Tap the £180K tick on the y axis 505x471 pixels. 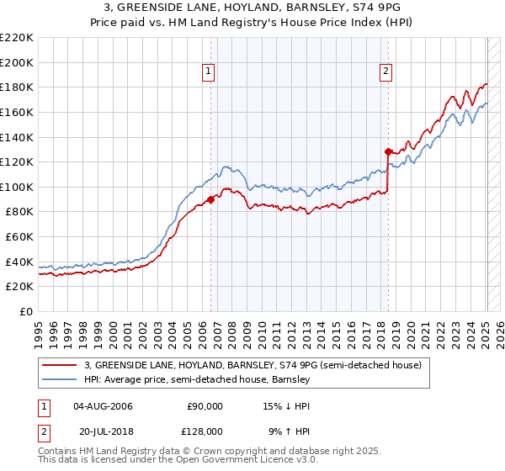coord(17,87)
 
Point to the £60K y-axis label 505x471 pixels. coord(19,237)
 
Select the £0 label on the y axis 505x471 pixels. coord(25,312)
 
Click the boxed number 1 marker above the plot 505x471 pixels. coord(208,72)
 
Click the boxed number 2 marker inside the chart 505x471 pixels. coord(385,72)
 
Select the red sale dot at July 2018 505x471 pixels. coord(388,151)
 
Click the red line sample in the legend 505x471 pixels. coord(61,364)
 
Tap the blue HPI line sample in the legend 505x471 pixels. coord(61,379)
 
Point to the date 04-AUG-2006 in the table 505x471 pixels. coord(103,406)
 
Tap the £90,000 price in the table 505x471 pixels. coord(205,406)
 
